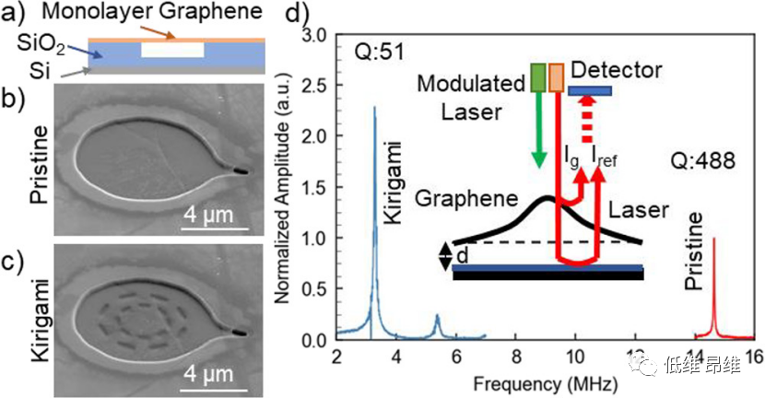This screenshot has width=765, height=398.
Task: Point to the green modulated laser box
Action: click(x=539, y=77)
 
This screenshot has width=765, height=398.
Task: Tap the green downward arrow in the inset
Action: click(x=539, y=129)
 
